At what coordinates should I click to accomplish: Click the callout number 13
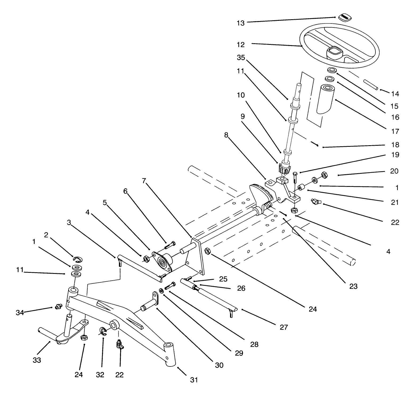(x=240, y=23)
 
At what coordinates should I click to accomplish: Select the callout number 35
(x=241, y=58)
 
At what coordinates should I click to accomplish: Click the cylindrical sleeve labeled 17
(x=327, y=99)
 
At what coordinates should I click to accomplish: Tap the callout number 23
(x=353, y=286)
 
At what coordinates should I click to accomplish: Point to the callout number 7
(x=144, y=181)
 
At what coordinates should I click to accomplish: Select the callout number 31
(x=194, y=380)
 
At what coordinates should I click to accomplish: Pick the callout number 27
(x=284, y=327)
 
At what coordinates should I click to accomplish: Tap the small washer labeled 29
(x=161, y=290)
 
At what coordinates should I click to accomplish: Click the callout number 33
(x=37, y=360)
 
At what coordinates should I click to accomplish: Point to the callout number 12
(x=240, y=45)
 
